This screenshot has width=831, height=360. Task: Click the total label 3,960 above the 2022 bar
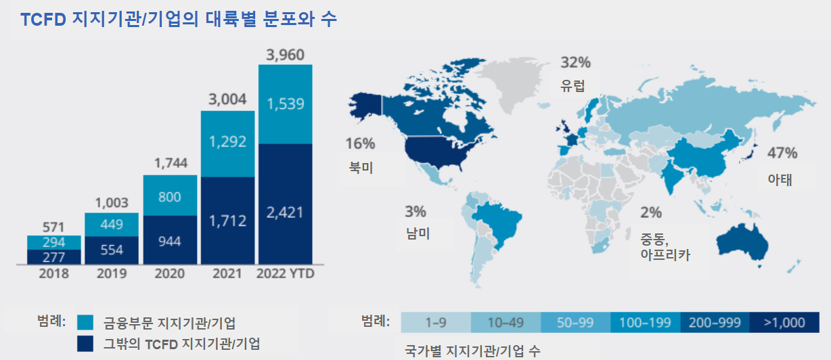point(286,54)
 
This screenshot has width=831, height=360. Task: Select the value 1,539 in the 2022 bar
point(286,104)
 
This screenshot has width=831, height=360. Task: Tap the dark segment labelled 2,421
point(286,213)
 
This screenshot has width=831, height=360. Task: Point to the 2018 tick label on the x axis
point(54,274)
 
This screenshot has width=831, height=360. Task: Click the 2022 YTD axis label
point(286,274)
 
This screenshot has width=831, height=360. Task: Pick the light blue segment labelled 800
point(170,197)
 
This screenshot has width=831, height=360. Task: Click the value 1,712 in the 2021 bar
point(227,221)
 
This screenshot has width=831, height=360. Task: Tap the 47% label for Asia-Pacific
point(782,153)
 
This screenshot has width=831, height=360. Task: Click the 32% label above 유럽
point(576,63)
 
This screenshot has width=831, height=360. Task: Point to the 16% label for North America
point(360,143)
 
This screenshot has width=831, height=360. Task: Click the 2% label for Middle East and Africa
point(651,213)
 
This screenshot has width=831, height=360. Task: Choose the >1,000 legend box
point(784,323)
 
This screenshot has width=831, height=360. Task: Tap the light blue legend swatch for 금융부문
point(85,322)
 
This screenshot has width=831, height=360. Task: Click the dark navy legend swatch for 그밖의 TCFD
point(85,343)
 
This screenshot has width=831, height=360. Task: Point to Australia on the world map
point(741,239)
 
